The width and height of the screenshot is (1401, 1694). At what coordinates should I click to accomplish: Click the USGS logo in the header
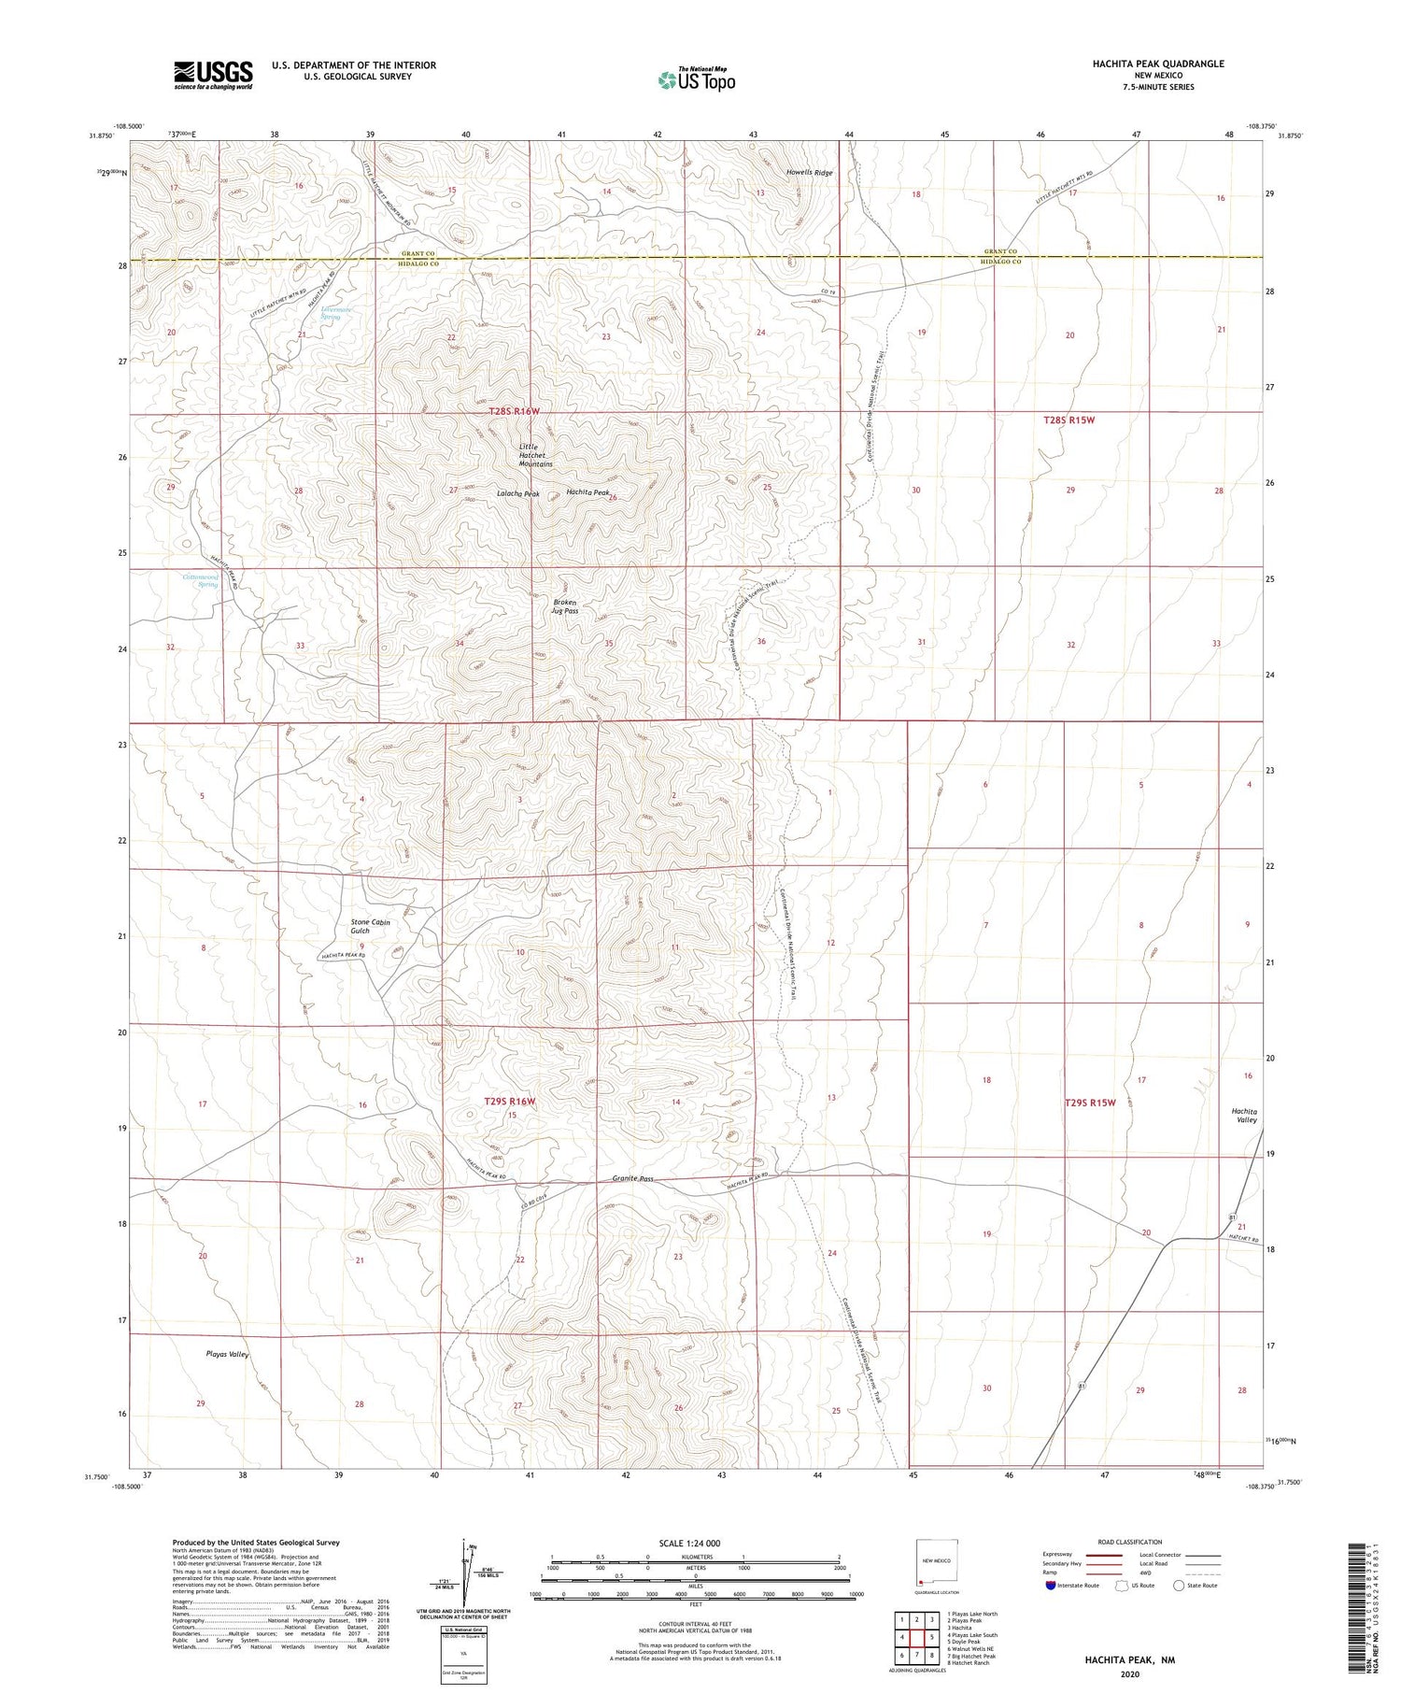point(213,75)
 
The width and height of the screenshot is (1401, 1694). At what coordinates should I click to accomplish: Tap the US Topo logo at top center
point(697,79)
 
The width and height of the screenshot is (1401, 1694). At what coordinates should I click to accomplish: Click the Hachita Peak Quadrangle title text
point(1158,64)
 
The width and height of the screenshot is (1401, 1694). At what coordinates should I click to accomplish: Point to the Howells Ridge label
point(809,173)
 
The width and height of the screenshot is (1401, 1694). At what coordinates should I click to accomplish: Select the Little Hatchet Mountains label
point(536,455)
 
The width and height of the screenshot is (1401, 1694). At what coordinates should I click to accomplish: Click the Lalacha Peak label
point(517,493)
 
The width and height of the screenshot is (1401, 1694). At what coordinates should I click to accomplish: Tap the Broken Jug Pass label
point(566,606)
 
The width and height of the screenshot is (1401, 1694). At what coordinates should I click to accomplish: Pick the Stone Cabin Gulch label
point(370,926)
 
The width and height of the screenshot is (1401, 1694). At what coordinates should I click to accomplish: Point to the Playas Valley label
point(227,1354)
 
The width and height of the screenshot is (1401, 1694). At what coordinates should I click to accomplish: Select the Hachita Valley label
point(1244,1116)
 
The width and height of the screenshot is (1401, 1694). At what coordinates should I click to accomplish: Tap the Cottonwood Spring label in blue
point(201,581)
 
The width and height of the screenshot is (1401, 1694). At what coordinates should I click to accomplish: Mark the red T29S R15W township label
point(1090,1103)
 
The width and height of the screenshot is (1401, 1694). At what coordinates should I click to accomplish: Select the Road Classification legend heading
point(1129,1542)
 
